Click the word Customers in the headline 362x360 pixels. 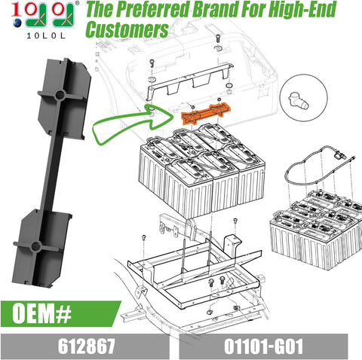(x=125, y=29)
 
